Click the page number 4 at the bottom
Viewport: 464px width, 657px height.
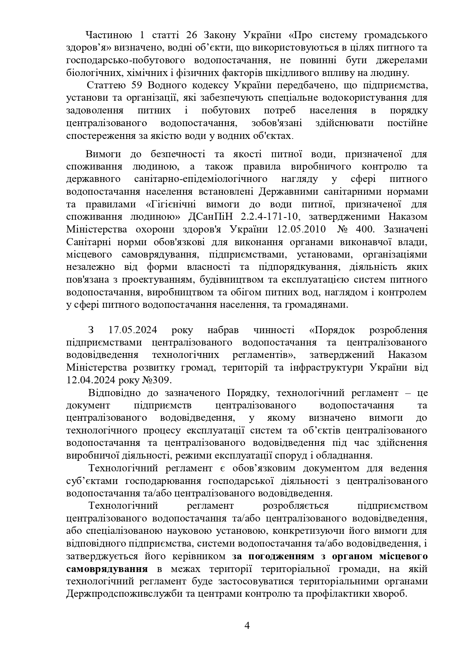click(246, 626)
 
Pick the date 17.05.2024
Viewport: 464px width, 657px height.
click(132, 330)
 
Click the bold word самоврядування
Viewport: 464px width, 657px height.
click(107, 569)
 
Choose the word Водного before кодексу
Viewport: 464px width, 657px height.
click(165, 85)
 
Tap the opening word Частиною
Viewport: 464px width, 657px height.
click(109, 35)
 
